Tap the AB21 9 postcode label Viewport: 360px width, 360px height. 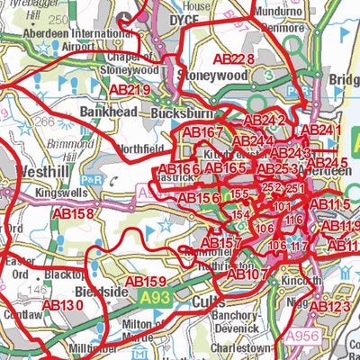click(x=130, y=90)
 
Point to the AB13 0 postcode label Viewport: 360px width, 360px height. click(x=62, y=305)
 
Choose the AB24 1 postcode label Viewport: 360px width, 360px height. click(x=321, y=130)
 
